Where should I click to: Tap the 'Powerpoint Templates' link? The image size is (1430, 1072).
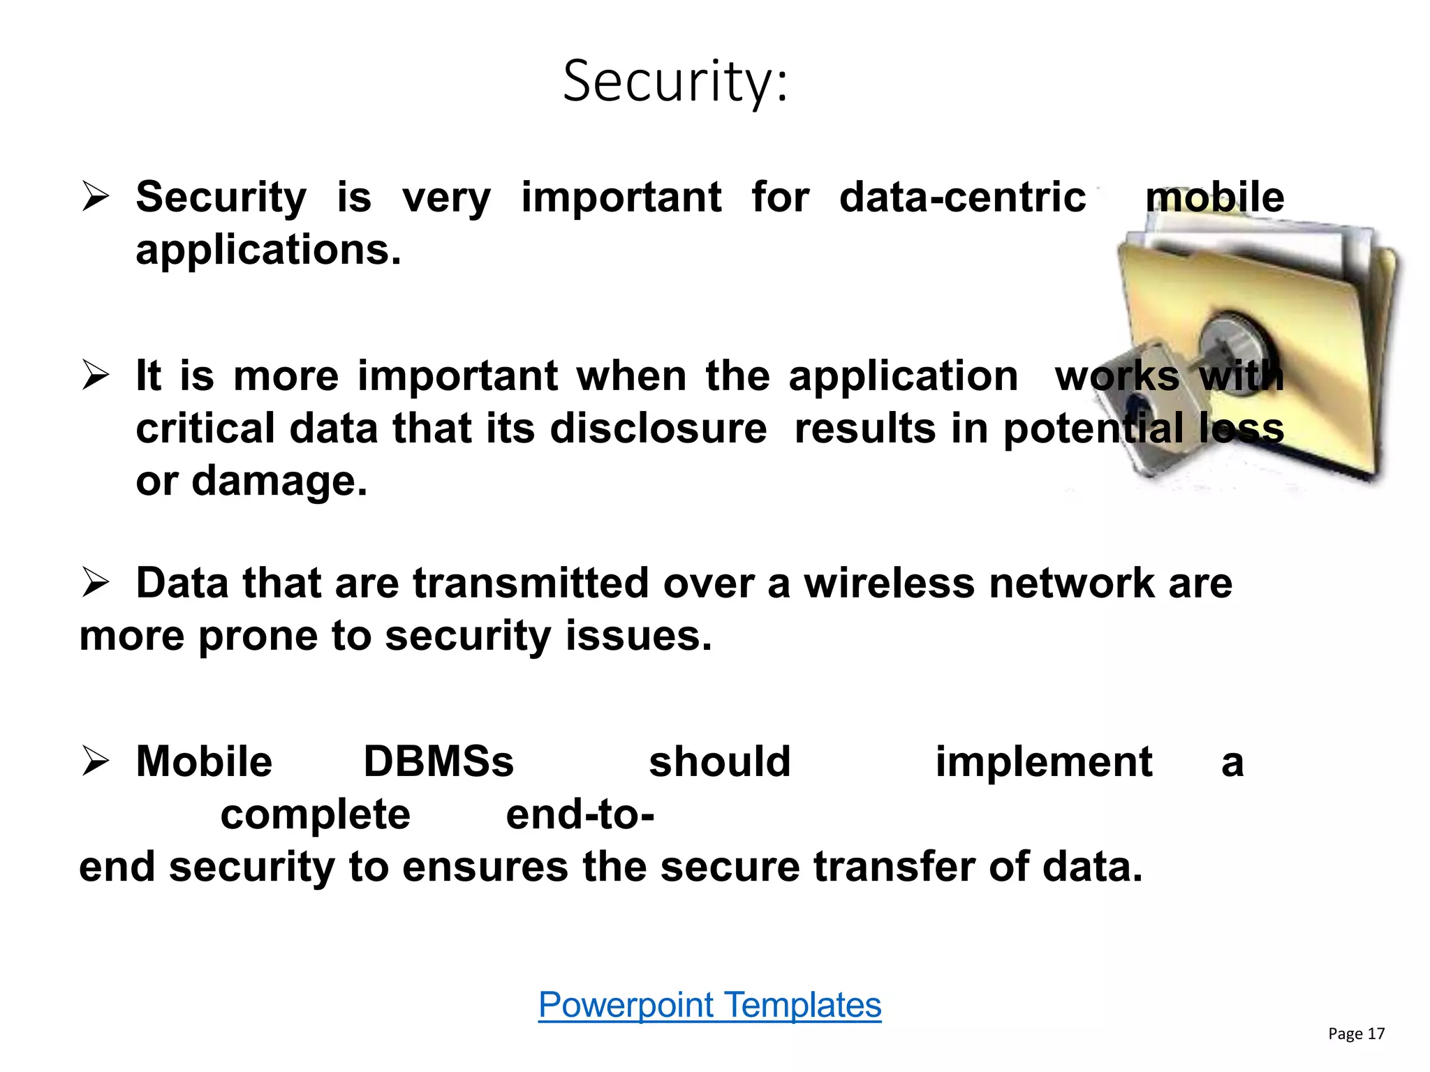(x=709, y=1005)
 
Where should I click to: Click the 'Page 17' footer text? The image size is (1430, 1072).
(x=1356, y=1034)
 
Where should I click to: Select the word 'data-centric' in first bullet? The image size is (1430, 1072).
(x=962, y=198)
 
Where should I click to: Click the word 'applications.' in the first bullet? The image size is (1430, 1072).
(x=269, y=250)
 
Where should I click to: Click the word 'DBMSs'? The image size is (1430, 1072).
(x=438, y=761)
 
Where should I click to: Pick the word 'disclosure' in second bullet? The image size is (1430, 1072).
(x=658, y=428)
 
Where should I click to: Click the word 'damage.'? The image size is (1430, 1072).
(x=279, y=481)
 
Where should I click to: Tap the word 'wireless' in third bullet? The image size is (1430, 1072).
(x=889, y=583)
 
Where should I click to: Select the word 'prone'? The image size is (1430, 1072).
(x=258, y=636)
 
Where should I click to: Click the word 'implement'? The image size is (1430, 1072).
(x=1043, y=761)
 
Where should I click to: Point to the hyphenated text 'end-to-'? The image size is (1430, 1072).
(x=580, y=814)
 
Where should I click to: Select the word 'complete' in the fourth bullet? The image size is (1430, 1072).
(x=315, y=814)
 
